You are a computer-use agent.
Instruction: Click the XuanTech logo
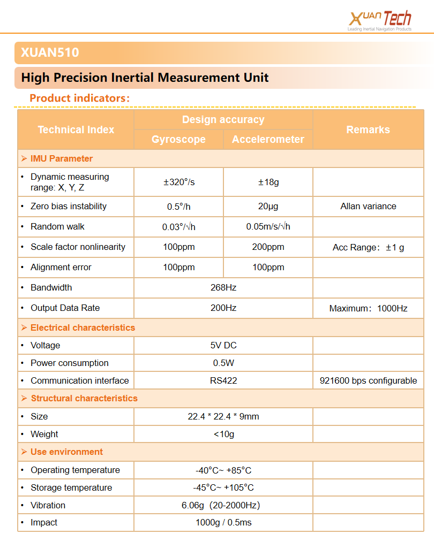379,20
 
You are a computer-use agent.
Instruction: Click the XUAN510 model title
50,52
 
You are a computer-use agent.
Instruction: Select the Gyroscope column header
178,139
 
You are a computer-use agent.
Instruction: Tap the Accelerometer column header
268,139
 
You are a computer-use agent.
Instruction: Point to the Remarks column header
368,129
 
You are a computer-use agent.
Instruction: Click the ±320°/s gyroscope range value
179,182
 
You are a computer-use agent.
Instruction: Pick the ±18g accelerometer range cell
268,182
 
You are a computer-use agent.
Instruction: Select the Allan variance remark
368,206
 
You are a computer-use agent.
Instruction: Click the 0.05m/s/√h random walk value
268,226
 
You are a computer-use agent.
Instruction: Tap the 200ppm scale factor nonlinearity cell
268,247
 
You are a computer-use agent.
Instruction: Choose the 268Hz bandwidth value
223,287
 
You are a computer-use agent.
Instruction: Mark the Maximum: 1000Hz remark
368,308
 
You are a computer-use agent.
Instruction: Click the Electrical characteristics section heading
83,327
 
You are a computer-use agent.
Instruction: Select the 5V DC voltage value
223,345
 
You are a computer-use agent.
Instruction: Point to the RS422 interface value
223,380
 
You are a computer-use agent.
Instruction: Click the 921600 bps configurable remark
368,380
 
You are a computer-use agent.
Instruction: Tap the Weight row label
44,434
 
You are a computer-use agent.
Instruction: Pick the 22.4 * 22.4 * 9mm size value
223,416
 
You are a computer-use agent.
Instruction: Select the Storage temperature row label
71,487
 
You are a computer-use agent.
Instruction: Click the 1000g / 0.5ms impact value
223,522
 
